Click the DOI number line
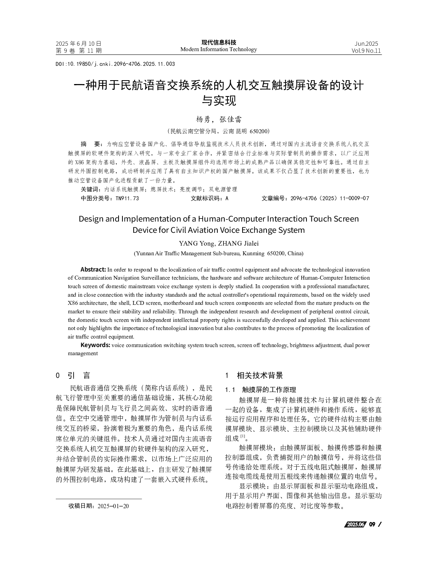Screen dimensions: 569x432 click(x=115, y=64)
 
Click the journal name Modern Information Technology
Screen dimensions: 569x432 click(x=219, y=49)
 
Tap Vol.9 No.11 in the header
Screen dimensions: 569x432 click(x=366, y=51)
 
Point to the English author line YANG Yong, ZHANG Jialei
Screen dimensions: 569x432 click(x=219, y=244)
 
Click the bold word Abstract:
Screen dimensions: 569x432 click(x=93, y=270)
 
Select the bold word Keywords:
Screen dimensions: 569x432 click(x=95, y=345)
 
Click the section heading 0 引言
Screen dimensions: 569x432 click(x=73, y=375)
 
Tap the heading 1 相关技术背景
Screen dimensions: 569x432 click(x=254, y=375)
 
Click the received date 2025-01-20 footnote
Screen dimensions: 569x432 click(x=113, y=506)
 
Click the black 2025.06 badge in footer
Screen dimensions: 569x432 click(x=355, y=524)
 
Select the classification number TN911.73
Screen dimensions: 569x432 click(x=127, y=198)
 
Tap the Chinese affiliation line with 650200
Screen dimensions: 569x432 click(x=219, y=131)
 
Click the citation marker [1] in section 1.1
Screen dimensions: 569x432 click(x=243, y=437)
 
